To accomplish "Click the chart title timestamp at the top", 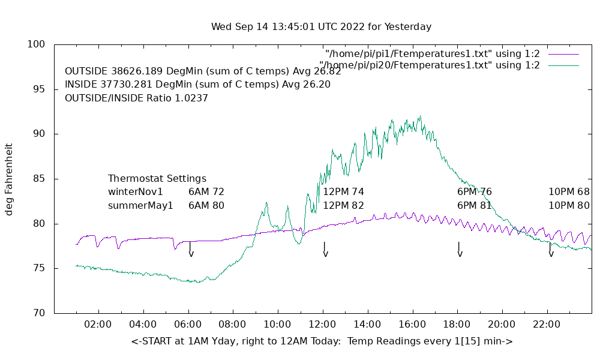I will point(321,27).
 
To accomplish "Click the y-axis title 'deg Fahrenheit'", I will point(10,179).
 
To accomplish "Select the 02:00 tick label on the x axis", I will point(98,325).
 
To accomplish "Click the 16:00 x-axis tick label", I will point(412,325).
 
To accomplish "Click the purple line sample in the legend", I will point(563,53).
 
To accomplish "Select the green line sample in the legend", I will point(563,65).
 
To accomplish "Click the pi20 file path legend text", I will point(430,65).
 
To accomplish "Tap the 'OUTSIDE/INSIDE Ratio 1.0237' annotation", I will point(136,98).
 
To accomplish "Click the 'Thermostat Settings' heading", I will point(157,179).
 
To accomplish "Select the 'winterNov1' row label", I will point(136,192).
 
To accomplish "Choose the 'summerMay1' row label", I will point(140,205).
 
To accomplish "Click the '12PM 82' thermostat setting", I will point(343,205).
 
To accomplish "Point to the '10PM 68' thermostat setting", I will point(569,192).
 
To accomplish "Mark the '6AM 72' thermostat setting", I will point(206,192).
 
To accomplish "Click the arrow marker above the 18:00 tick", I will point(460,249).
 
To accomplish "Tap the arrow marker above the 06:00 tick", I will point(191,249).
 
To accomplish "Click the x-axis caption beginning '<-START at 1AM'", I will point(322,341).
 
